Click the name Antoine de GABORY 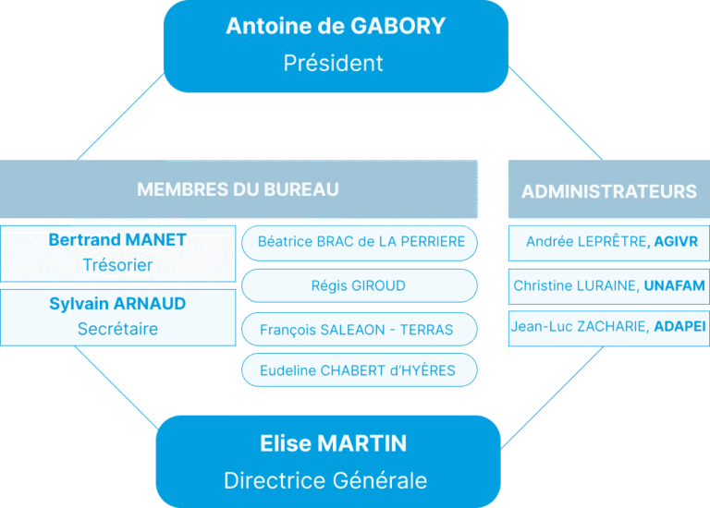336,26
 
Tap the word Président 333,64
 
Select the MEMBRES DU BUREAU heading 238,189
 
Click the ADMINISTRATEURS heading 608,191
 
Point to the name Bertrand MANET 117,240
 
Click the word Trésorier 117,266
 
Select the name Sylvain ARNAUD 117,304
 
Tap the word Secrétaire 117,329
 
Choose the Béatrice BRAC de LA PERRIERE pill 360,242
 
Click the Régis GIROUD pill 359,285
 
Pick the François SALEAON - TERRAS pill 356,329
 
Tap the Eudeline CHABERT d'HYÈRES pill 358,370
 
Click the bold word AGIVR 675,242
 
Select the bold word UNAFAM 674,286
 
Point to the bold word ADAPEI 679,326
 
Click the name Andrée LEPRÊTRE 585,242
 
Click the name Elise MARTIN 333,443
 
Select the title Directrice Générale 325,481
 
